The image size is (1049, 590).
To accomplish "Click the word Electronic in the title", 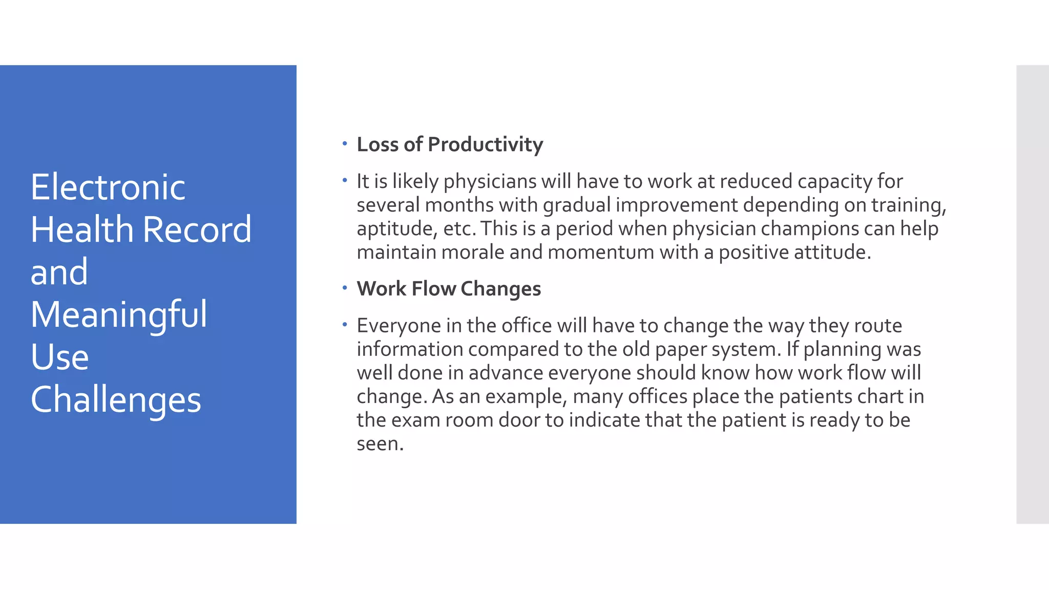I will (108, 187).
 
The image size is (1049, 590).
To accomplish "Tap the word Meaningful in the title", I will (119, 314).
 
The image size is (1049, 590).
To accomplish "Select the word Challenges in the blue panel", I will (116, 399).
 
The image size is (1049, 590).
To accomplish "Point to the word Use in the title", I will (59, 357).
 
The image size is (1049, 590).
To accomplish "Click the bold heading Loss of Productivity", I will (450, 144).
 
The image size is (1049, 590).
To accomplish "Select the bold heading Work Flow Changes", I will (449, 289).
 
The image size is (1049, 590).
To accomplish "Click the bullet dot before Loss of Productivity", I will (345, 143).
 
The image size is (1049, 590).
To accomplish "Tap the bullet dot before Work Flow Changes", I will (345, 288).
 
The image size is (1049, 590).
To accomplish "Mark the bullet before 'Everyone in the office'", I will (345, 325).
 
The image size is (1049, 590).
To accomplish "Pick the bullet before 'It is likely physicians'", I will (345, 180).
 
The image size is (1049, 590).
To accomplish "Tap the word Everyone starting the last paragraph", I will (399, 326).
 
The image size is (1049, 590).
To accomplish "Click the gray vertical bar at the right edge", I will (1032, 294).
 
